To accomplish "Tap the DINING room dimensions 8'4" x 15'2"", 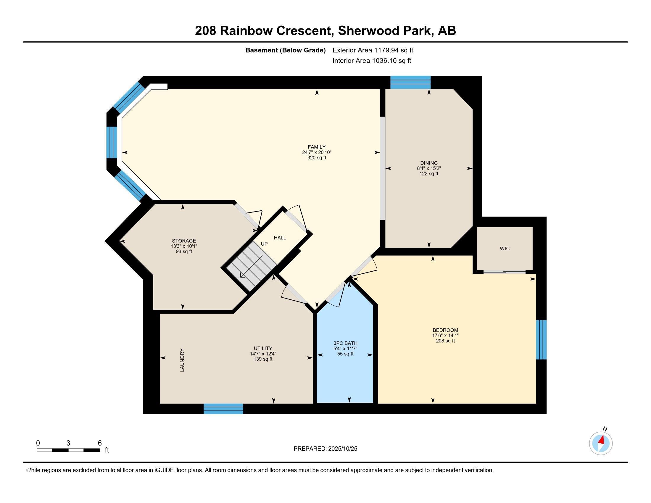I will pos(429,168).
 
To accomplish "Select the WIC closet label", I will pos(504,249).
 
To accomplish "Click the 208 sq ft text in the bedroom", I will pos(445,341).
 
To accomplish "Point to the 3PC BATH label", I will pos(345,343).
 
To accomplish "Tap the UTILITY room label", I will pos(262,348).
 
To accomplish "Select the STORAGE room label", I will pos(184,241).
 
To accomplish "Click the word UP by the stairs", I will pos(264,244).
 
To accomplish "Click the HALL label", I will pos(280,238).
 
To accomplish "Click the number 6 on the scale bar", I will pos(100,443).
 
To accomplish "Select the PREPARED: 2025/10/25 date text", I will pos(325,449).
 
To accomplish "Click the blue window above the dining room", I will pos(410,82).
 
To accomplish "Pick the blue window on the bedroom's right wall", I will pos(541,340).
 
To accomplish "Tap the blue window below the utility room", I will pos(223,409).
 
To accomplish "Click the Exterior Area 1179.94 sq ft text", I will pos(373,50).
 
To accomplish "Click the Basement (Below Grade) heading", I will pos(285,50).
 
